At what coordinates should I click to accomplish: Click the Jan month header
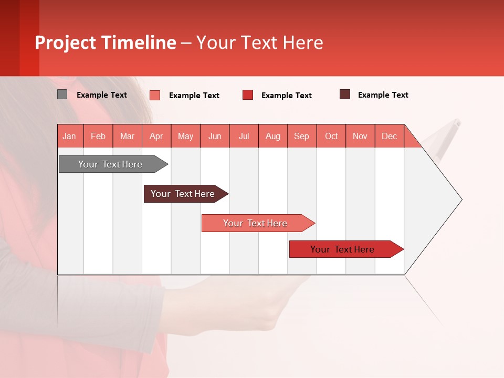[69, 136]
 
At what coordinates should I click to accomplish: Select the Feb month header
[98, 136]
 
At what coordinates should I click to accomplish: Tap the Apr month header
[156, 136]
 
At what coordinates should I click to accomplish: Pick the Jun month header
[215, 136]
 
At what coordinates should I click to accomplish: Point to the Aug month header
[272, 136]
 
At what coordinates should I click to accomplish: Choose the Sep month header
[301, 136]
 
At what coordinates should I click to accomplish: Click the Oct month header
[331, 136]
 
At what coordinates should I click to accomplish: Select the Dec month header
[389, 136]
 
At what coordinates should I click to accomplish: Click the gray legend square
[62, 94]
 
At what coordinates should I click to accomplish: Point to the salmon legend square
[155, 95]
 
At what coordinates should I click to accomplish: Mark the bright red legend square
[248, 95]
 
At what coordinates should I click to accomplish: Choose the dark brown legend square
[345, 94]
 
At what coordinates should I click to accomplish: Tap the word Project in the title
[66, 43]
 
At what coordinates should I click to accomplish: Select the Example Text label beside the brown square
[383, 95]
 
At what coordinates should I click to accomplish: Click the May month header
[185, 136]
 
